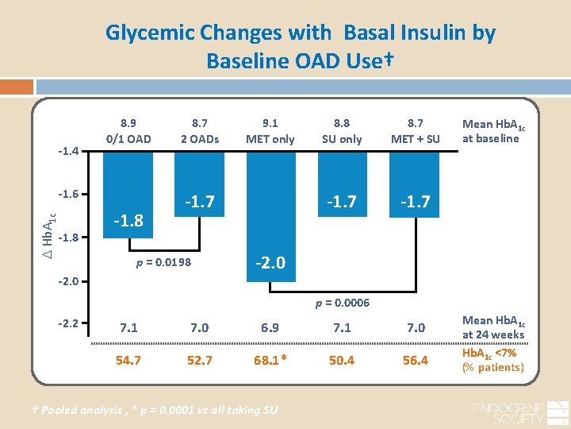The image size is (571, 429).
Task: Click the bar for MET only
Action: [x=270, y=214]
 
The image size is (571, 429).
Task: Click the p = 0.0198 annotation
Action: [x=162, y=261]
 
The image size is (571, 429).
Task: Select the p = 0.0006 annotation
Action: [x=343, y=303]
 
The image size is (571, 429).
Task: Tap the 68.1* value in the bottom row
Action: [x=270, y=360]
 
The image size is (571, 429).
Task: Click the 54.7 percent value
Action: [x=128, y=360]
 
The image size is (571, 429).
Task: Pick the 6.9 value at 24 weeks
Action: [x=270, y=327]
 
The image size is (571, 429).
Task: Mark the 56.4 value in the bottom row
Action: [x=415, y=360]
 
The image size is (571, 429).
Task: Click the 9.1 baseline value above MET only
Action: [x=270, y=123]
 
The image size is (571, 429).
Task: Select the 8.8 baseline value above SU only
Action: [x=342, y=123]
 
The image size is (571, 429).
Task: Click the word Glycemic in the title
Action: [x=151, y=33]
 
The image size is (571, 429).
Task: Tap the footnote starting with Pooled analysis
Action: [x=151, y=410]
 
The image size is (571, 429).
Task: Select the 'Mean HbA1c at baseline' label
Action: [x=491, y=131]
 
